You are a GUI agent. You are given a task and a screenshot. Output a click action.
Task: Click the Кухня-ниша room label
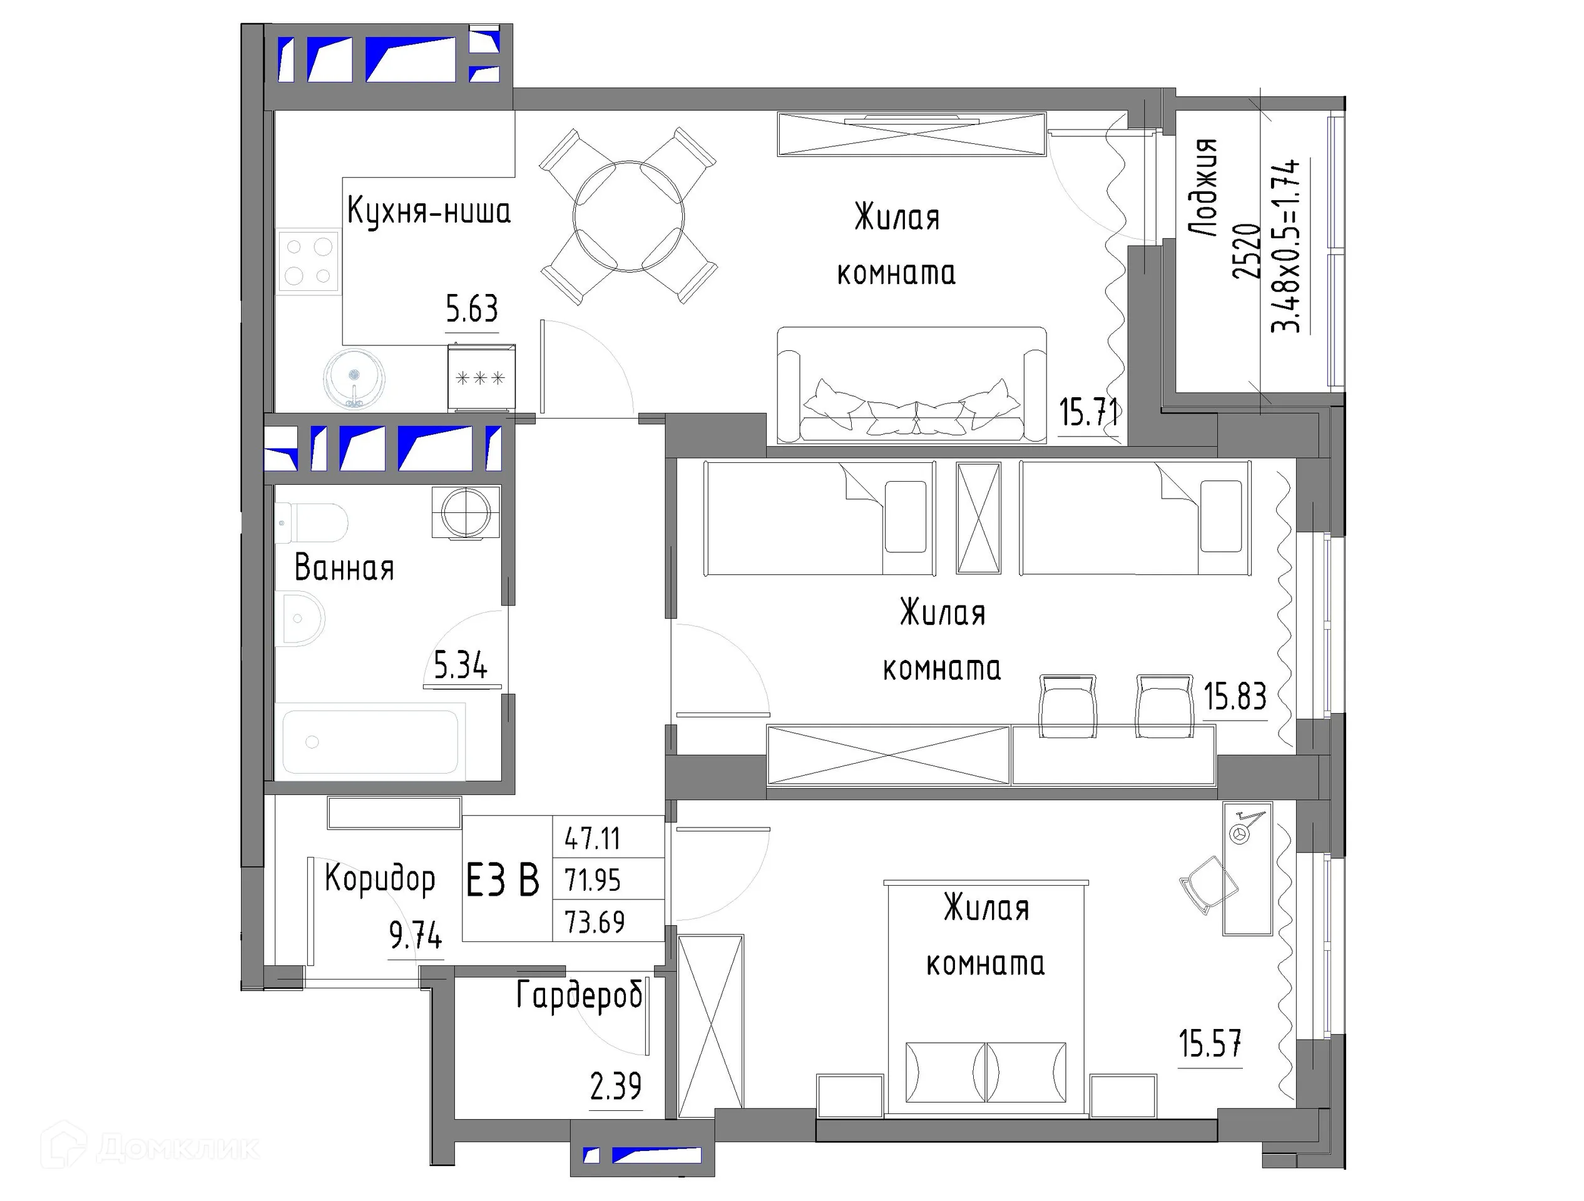tap(428, 211)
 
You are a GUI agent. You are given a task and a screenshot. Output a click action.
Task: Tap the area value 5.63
tap(471, 310)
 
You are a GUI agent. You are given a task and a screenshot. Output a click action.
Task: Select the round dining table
tap(628, 216)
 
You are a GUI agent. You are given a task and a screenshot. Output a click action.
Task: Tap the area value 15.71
tap(1088, 412)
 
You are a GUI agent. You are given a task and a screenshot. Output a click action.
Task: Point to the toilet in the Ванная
tap(312, 522)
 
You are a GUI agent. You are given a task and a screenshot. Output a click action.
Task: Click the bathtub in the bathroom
tap(370, 741)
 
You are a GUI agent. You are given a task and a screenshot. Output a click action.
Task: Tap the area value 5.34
tap(461, 666)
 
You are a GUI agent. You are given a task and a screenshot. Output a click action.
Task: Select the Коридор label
tap(379, 878)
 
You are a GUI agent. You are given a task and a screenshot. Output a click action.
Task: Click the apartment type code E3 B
tap(503, 879)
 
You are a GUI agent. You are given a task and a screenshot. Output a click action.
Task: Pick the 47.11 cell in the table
tap(592, 838)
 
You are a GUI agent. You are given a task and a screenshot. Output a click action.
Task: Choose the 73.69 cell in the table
tap(595, 922)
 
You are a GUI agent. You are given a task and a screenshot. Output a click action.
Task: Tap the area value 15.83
tap(1235, 696)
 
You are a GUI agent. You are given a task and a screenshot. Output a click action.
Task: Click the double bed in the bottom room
tap(986, 1002)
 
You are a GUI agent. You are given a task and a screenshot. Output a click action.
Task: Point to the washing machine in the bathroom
tap(466, 512)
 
